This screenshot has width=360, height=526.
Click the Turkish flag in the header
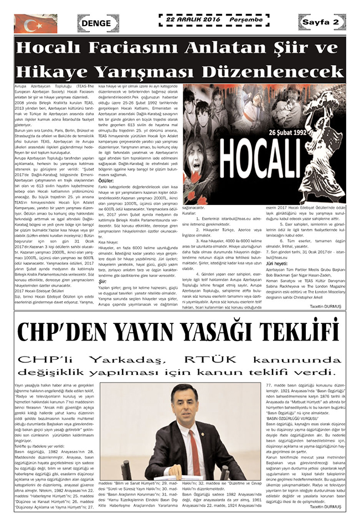click(35, 23)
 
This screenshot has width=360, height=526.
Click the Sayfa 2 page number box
click(320, 22)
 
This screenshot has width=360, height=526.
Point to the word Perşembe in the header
click(243, 19)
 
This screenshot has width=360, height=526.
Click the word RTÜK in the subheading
click(229, 359)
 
